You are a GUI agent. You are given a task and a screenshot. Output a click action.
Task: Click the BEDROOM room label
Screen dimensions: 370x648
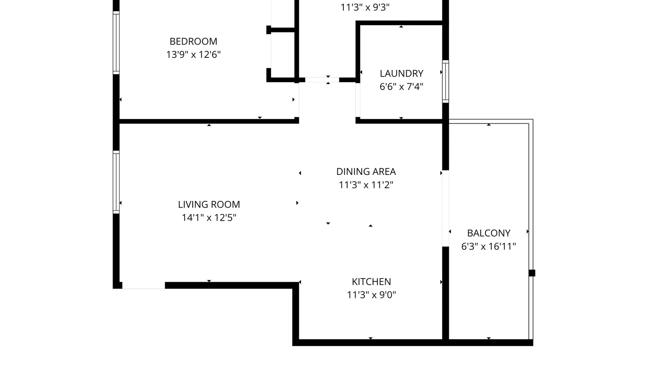(x=193, y=41)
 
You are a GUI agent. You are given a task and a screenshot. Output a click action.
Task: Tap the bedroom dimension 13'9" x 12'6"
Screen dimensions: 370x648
(x=193, y=54)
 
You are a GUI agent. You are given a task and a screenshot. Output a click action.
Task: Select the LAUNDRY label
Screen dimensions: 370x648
(x=401, y=73)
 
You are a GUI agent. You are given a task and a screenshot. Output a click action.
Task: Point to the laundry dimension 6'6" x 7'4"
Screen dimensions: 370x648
(x=401, y=86)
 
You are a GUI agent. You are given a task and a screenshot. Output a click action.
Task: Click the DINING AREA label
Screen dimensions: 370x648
(x=366, y=172)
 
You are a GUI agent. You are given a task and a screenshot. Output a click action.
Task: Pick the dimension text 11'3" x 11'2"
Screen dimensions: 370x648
(x=366, y=185)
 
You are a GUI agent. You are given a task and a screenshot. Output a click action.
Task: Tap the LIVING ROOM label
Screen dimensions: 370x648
(x=209, y=204)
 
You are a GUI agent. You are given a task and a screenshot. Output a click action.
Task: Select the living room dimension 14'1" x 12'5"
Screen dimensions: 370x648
(x=209, y=218)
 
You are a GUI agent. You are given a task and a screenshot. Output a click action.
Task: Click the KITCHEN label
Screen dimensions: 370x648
(x=371, y=282)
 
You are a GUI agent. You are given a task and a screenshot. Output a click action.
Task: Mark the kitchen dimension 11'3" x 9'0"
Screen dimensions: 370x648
(x=371, y=295)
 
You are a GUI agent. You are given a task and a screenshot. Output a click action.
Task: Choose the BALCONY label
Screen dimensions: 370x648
(x=488, y=233)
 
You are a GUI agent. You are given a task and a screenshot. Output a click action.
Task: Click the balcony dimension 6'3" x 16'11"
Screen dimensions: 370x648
(x=488, y=246)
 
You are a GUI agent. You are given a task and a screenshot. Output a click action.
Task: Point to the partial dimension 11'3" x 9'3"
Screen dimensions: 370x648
(x=365, y=7)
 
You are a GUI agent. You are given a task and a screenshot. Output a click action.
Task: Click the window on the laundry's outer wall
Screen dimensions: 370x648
(x=446, y=81)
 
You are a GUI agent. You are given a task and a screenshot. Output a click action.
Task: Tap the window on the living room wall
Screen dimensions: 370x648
(x=116, y=182)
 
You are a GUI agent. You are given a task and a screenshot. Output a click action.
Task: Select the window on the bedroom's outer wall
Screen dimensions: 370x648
(x=116, y=43)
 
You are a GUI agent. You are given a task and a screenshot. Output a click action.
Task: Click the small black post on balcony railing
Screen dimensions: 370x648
(x=532, y=273)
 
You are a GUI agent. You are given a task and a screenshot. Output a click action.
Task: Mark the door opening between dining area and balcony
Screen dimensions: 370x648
(x=446, y=208)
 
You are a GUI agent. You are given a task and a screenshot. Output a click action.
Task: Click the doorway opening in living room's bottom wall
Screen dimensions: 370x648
(x=143, y=286)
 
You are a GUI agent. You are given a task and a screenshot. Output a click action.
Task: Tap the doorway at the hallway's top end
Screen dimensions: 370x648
(x=322, y=80)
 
